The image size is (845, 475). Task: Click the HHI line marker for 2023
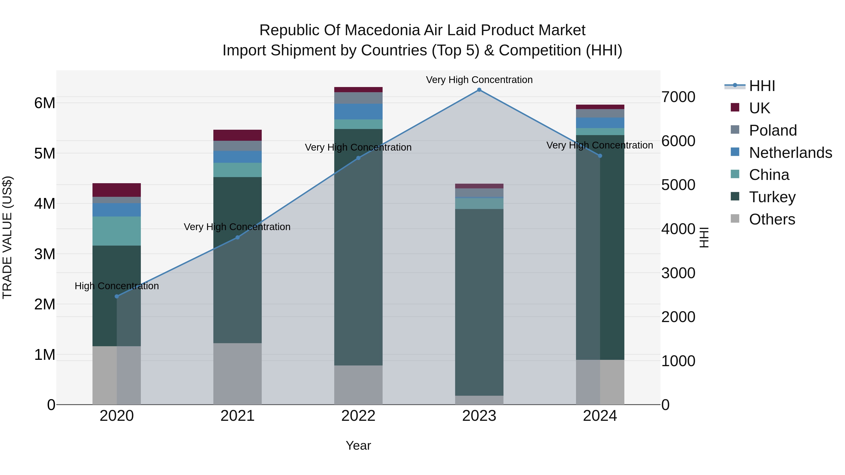point(479,90)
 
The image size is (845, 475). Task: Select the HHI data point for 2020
point(117,296)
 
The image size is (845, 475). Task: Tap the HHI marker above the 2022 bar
point(358,158)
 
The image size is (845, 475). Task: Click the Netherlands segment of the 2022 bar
point(358,111)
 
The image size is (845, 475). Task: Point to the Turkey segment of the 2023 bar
point(479,302)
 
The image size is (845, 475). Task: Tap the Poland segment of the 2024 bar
point(600,114)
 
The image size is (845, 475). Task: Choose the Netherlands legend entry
point(790,153)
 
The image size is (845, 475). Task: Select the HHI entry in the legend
point(762,86)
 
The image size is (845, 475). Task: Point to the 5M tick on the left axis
point(45,153)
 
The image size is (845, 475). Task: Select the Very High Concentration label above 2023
point(479,80)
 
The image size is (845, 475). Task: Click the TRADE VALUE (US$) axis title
point(7,237)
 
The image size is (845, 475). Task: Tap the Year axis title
point(358,445)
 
